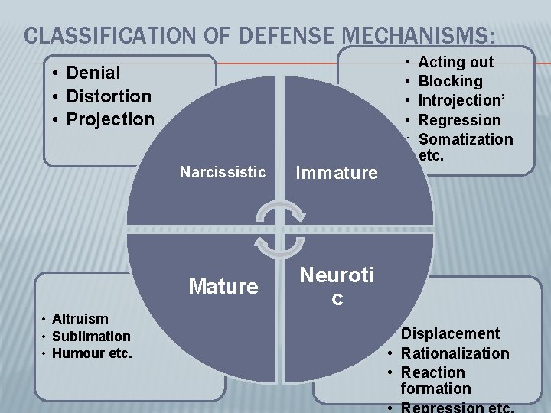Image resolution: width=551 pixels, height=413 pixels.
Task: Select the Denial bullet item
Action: point(93,73)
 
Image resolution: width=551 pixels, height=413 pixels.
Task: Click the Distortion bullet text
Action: point(109,96)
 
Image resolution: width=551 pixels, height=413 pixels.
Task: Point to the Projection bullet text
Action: point(110,119)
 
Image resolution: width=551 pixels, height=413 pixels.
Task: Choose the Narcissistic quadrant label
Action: point(223,171)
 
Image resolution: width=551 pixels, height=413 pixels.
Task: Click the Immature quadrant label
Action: point(337,173)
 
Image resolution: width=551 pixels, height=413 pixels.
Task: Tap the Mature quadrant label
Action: point(223,287)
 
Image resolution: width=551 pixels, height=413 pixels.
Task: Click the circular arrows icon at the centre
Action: point(280,229)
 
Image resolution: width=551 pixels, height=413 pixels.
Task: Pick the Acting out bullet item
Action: point(456,62)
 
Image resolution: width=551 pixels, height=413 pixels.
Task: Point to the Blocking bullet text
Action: point(451,81)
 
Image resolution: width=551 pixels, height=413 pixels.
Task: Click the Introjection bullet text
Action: point(459,100)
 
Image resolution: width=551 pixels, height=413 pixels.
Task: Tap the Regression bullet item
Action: point(460,120)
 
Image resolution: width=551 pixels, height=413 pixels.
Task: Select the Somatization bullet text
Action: point(466,139)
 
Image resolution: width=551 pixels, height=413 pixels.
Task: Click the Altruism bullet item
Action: point(80,319)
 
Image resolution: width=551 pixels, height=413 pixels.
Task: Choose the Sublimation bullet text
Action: point(91,337)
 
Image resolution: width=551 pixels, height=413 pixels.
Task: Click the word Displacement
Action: point(450,333)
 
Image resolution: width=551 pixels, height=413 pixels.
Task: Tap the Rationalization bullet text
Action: point(455,353)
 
